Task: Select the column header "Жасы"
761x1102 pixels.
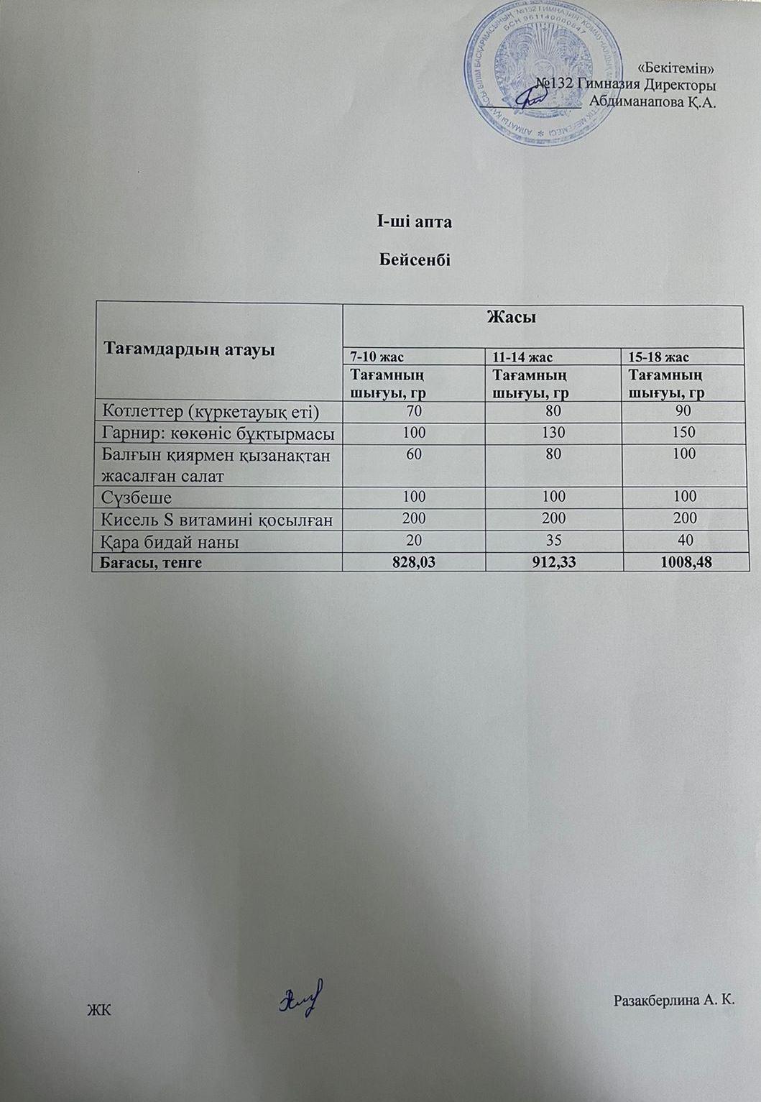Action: [512, 317]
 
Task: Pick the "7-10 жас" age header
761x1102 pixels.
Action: [376, 357]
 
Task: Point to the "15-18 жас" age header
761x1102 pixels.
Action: [659, 357]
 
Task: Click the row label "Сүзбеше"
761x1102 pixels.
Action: [138, 497]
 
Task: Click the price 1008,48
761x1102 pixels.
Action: [683, 562]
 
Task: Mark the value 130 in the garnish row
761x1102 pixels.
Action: [555, 433]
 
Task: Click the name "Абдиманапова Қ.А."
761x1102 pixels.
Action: [652, 101]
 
